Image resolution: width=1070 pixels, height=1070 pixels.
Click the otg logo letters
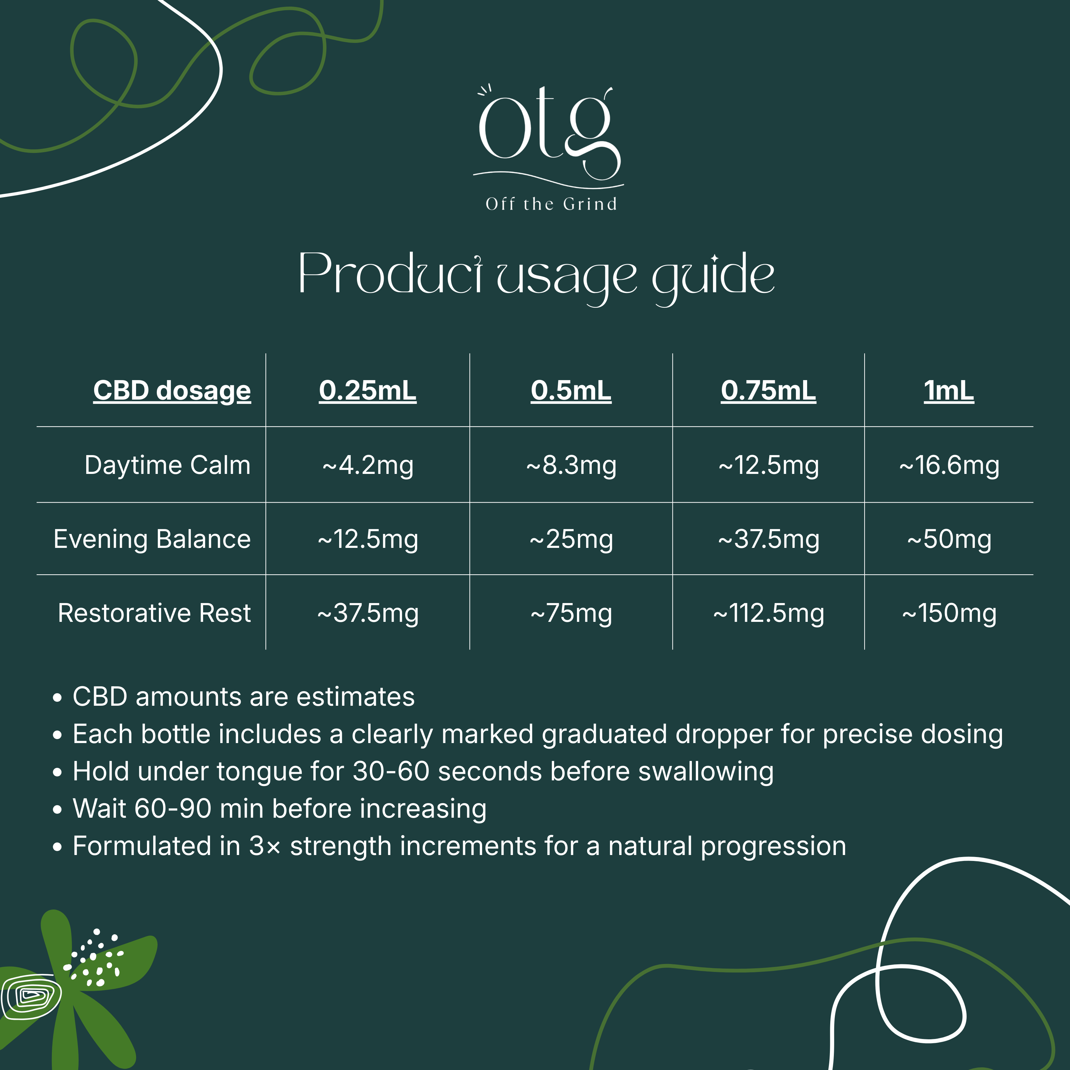[550, 133]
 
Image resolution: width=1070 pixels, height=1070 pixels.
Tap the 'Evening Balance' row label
[152, 539]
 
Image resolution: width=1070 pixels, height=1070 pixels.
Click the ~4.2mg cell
[368, 466]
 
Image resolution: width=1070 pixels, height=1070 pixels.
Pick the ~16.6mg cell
[949, 466]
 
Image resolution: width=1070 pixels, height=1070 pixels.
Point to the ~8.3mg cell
[571, 466]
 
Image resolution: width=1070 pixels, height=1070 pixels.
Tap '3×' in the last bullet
[265, 846]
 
